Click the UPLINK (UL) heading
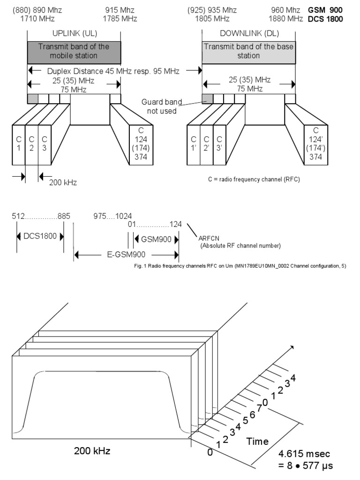74,34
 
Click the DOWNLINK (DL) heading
248,34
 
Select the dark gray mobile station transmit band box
74,51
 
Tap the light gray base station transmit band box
248,51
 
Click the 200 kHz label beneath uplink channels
63,182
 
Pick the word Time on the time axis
258,441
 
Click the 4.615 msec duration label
305,454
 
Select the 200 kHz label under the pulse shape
93,451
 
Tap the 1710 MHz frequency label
37,19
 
